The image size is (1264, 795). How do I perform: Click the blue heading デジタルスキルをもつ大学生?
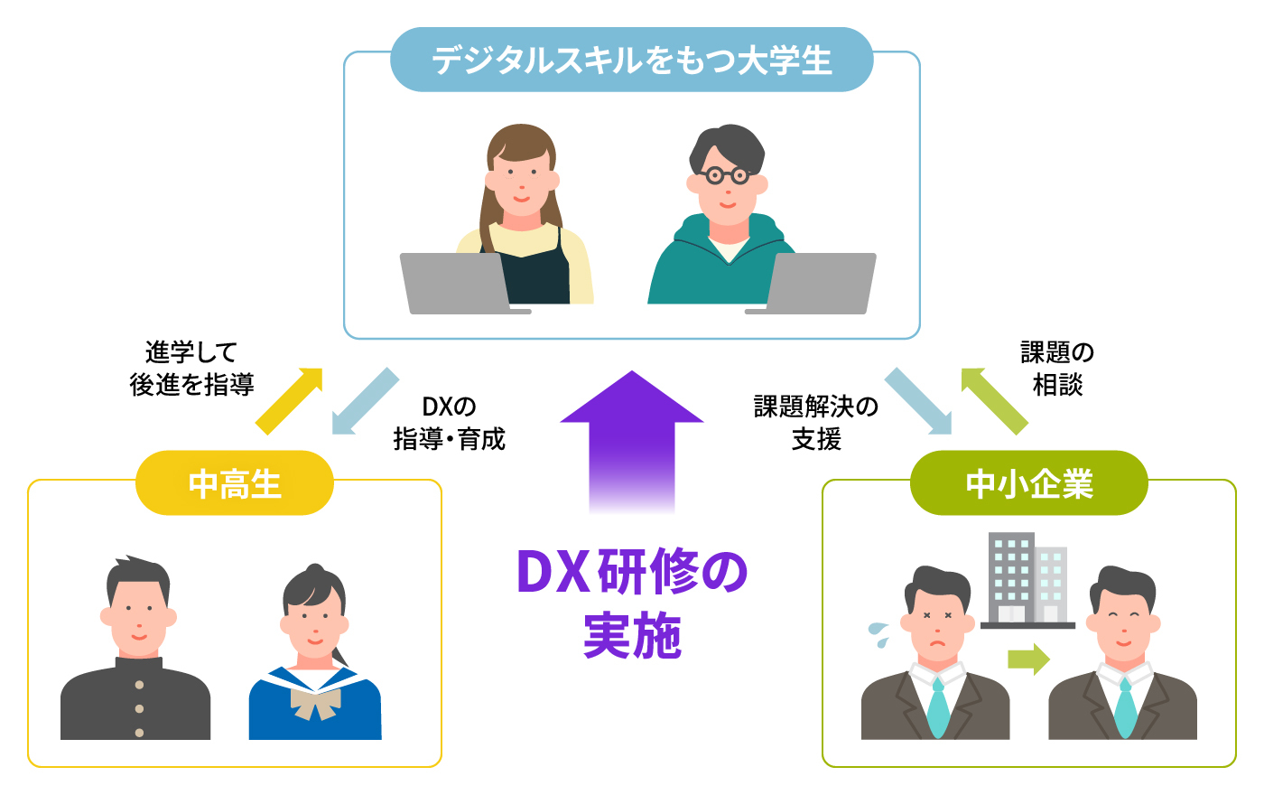point(631,61)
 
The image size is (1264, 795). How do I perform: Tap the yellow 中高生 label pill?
point(235,483)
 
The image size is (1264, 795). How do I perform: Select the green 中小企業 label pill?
point(1028,483)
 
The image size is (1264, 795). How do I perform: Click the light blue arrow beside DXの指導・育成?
point(365,400)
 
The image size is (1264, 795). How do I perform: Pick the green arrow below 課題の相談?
point(993,400)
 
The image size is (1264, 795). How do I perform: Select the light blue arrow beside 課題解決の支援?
point(917,400)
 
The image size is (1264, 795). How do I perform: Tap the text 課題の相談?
point(1057,368)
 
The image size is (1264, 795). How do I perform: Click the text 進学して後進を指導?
point(191,368)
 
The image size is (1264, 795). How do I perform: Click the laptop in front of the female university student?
point(456,283)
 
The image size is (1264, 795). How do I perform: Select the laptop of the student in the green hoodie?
point(818,283)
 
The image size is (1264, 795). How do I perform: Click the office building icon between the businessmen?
point(1027,579)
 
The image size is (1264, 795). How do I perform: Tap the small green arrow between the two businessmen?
point(1028,659)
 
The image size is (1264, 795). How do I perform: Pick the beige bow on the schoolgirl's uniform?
point(315,700)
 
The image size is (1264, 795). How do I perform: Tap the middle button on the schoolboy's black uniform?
point(139,709)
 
